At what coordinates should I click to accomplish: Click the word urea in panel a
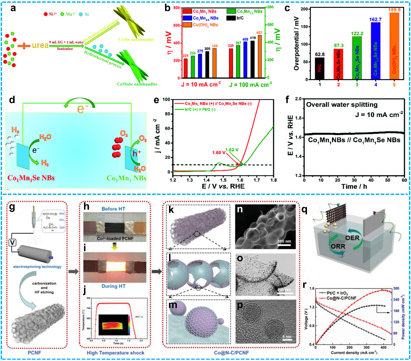[40, 45]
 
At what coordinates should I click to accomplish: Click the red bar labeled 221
[185, 68]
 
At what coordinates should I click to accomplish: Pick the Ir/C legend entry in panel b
[240, 18]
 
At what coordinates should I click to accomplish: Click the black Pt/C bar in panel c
[320, 68]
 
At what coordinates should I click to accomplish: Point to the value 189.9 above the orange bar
[394, 10]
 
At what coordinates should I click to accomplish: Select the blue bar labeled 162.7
[375, 51]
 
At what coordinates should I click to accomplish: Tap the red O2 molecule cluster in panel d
[116, 147]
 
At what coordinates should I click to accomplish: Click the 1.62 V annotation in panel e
[232, 149]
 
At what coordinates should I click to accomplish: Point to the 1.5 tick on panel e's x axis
[223, 180]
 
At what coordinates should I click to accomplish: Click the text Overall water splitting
[342, 105]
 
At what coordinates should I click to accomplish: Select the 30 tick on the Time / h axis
[354, 180]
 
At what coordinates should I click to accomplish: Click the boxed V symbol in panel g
[13, 242]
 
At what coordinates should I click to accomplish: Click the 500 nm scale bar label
[284, 241]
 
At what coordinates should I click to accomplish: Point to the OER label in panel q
[352, 238]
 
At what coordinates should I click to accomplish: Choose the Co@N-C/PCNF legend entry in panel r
[342, 298]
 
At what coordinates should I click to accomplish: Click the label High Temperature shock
[115, 353]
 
